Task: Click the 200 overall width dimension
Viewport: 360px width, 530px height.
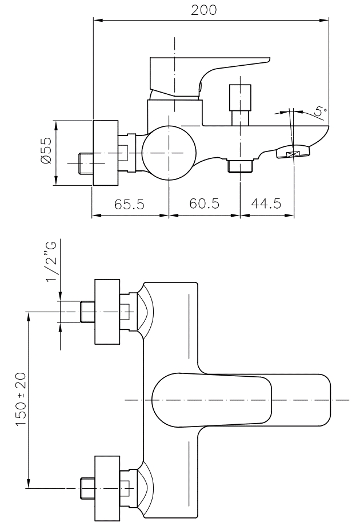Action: [204, 11]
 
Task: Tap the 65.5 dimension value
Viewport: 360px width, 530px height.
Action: [129, 205]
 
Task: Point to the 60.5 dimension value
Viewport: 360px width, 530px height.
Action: [204, 205]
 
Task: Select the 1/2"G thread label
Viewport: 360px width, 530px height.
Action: [52, 262]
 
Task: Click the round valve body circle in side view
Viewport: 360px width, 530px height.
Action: [169, 153]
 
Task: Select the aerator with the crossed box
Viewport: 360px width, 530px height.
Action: [294, 153]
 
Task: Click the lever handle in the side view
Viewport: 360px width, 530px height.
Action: [206, 71]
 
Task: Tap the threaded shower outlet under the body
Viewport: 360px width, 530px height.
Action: [239, 166]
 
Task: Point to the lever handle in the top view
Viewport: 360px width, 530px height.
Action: [240, 400]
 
